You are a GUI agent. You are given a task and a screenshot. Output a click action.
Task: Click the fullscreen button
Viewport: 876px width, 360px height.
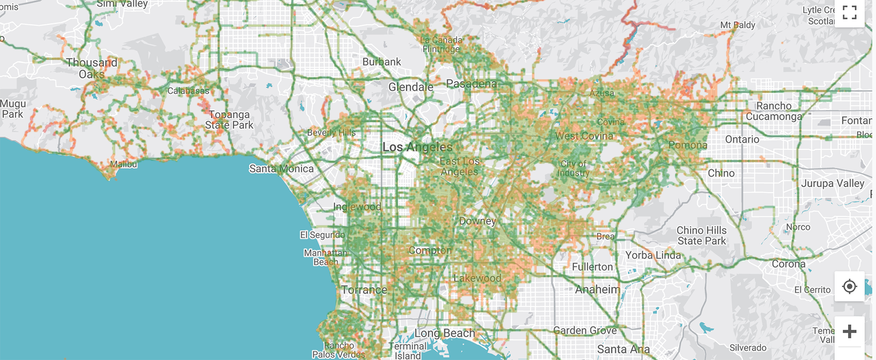pos(849,13)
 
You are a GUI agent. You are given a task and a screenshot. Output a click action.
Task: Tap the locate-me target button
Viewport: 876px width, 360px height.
pos(849,287)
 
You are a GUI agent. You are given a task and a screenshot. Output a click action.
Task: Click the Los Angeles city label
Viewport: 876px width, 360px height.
pos(417,147)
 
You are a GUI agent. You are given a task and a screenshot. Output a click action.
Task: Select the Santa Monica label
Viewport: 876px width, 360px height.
pos(281,169)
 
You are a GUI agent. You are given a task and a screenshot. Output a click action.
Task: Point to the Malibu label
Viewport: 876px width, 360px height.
pos(123,164)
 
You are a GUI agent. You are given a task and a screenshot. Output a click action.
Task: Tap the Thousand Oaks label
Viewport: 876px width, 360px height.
pos(91,69)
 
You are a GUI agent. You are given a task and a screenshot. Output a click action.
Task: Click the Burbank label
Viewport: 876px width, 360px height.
pos(382,62)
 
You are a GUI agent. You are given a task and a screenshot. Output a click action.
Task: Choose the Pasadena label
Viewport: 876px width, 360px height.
pos(471,84)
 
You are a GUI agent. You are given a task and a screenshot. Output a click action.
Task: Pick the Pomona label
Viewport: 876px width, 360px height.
pos(688,145)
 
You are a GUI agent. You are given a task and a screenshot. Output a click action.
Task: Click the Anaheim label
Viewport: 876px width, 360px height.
pos(597,289)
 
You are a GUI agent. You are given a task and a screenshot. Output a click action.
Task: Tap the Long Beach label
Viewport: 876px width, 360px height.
pos(444,333)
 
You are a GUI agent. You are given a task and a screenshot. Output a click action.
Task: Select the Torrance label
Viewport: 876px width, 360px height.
pos(364,290)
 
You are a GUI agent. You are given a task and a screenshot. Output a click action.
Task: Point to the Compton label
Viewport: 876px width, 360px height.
pos(430,251)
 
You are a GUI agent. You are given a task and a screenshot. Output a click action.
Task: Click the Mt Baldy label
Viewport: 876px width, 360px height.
pos(737,25)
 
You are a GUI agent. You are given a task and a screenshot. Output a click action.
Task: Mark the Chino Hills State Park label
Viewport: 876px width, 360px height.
pos(701,235)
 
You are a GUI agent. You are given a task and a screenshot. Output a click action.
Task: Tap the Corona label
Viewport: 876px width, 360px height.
pos(788,264)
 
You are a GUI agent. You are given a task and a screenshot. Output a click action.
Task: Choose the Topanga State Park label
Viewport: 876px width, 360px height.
pos(229,120)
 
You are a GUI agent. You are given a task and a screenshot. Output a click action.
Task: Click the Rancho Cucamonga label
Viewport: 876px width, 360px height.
pos(774,111)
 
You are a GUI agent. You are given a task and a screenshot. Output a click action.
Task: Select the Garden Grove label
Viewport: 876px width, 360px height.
pos(585,330)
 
